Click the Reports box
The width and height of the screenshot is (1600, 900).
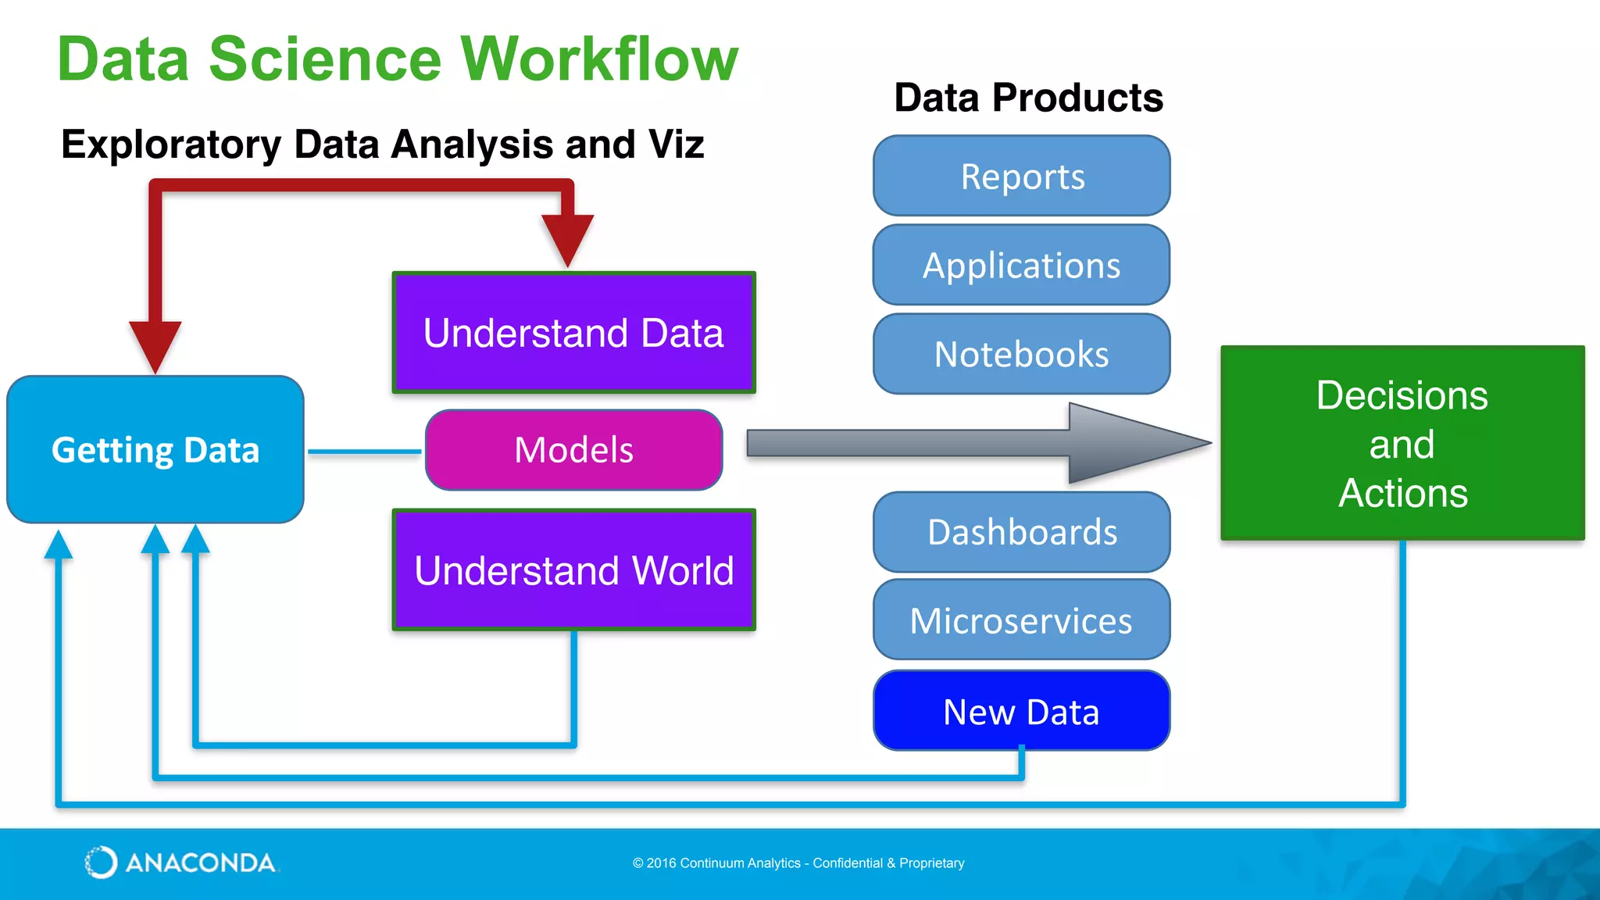[x=1021, y=176]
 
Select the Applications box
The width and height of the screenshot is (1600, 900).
[x=1021, y=265]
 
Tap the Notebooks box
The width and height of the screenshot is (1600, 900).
[x=1021, y=354]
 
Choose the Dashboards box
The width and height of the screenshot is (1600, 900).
[x=1021, y=532]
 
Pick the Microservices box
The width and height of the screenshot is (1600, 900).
[x=1021, y=620]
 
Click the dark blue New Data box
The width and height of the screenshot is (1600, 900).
[x=1021, y=711]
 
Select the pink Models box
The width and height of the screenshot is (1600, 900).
[x=573, y=450]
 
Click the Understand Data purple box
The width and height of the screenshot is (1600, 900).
[x=573, y=333]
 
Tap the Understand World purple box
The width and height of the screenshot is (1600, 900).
[x=573, y=570]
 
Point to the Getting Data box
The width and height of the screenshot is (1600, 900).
[x=155, y=450]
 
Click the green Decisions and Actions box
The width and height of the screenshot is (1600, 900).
[x=1402, y=443]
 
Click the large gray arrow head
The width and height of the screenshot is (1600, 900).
[x=1133, y=443]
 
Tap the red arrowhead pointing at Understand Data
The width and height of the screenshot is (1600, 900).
[x=568, y=238]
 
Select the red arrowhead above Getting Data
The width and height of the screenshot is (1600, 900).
[x=155, y=344]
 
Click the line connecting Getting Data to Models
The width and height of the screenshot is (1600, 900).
[x=364, y=452]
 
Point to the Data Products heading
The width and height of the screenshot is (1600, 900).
[x=1028, y=98]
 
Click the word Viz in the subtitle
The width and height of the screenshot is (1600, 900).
[x=676, y=145]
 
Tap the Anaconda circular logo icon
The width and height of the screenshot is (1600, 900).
[x=101, y=862]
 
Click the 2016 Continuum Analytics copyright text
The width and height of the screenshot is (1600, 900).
[x=798, y=863]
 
